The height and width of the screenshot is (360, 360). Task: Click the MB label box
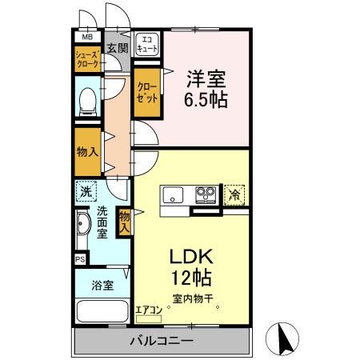point(85,36)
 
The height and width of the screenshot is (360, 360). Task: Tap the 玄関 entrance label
point(117,48)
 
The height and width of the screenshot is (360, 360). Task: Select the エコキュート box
point(147,44)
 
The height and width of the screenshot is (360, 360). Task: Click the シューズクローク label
point(87,58)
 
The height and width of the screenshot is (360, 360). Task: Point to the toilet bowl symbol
point(88,102)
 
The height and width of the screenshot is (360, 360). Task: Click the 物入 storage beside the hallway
point(87,150)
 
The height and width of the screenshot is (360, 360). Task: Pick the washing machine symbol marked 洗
point(86,191)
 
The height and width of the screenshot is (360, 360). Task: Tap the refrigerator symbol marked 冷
point(235,194)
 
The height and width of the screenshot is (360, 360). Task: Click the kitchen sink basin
point(174,194)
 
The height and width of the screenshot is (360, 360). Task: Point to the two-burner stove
point(205,194)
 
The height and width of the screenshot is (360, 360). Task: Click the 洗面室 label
point(103,223)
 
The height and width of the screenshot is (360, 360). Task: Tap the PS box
point(80,259)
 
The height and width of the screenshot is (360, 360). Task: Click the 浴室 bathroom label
point(102,283)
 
